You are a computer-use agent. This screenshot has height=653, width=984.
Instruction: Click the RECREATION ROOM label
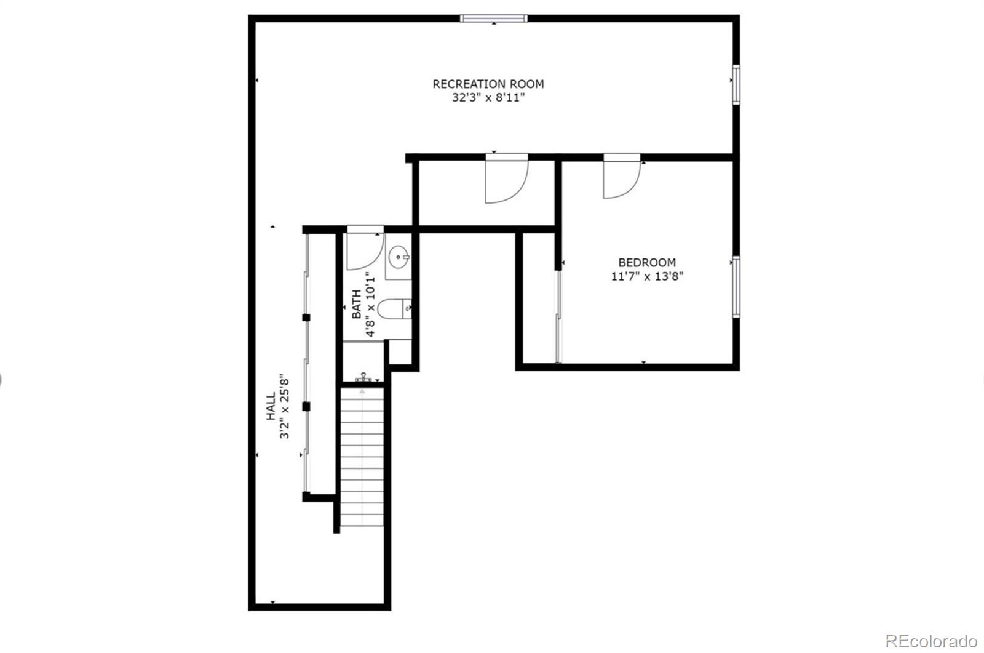[488, 84]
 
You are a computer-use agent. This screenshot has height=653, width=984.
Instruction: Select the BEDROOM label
[647, 262]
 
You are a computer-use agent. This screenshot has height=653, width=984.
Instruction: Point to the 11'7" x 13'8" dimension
[647, 276]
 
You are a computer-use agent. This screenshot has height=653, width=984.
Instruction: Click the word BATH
[357, 304]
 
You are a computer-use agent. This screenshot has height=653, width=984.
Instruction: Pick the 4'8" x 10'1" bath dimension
[370, 304]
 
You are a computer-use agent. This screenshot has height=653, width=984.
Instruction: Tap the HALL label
[271, 407]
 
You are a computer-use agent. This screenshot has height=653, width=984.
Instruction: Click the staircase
[362, 455]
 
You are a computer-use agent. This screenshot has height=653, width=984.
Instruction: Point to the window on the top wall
[494, 18]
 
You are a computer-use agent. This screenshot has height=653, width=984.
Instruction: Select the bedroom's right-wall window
[736, 287]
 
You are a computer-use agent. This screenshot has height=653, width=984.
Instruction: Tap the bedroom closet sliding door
[558, 316]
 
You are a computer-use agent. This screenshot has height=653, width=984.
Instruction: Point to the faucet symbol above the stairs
[363, 377]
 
